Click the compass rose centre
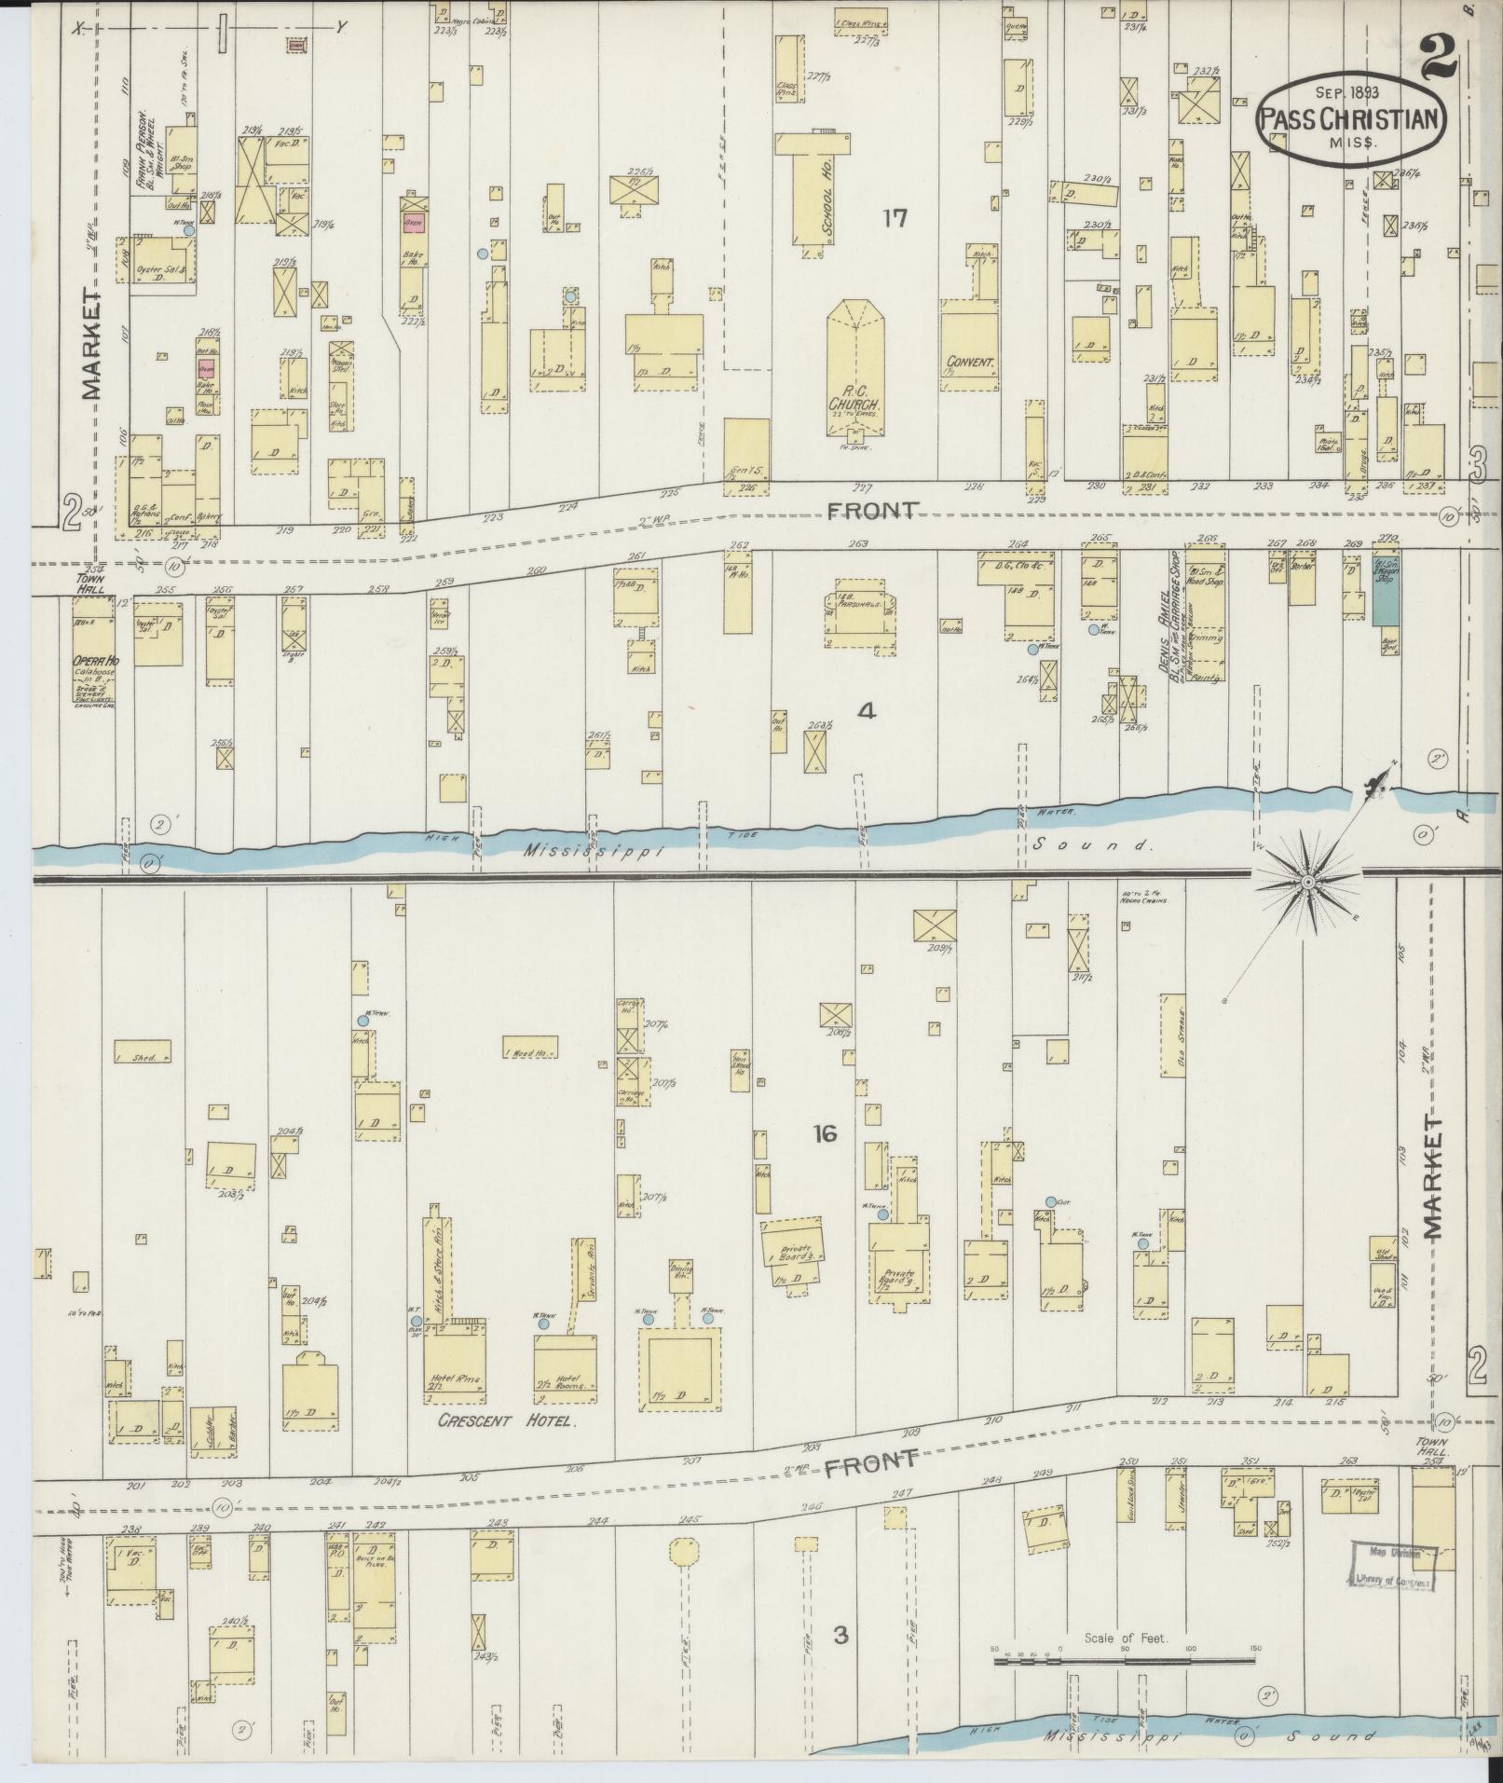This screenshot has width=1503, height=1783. coord(1308,881)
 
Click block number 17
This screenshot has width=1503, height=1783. coord(895,218)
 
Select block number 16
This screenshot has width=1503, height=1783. coord(824,1134)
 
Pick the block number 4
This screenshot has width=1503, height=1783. coord(867,712)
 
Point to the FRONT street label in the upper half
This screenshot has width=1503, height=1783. coord(872,510)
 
